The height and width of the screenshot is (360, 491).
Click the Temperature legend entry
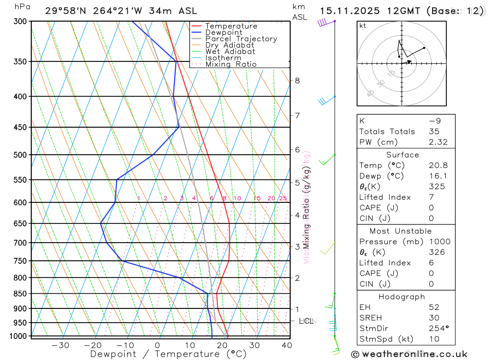[x=231, y=26]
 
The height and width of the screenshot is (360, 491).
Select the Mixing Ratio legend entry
[x=231, y=64]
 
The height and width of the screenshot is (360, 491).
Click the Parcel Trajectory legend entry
[x=241, y=39]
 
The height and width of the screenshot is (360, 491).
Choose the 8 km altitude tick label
[x=297, y=81]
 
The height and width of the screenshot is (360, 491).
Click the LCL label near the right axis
[x=306, y=321]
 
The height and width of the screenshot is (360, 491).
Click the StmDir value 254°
[x=437, y=329]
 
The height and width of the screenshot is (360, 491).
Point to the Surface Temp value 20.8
[x=438, y=166]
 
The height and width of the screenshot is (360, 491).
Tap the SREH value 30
[x=434, y=318]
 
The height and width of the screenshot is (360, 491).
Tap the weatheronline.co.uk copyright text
[x=409, y=354]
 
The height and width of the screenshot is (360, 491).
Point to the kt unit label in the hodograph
[x=363, y=26]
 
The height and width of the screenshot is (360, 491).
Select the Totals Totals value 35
[x=434, y=131]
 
